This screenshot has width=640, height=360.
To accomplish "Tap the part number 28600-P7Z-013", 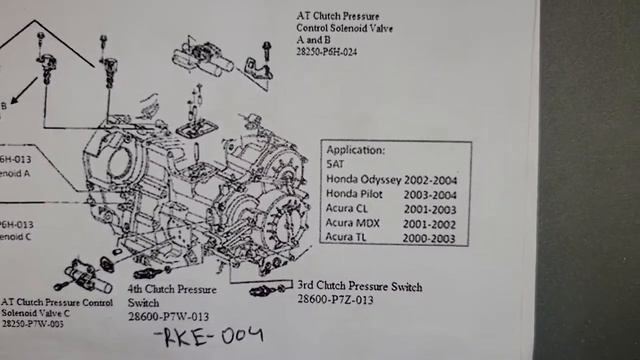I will pos(335,299).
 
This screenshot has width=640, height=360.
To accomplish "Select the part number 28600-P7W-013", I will pos(167,316).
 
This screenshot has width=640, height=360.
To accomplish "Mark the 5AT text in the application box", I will pos(336,164).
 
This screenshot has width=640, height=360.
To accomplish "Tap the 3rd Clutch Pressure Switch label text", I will pos(359,287).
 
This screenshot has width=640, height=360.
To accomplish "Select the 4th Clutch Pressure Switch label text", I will pos(171,295).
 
